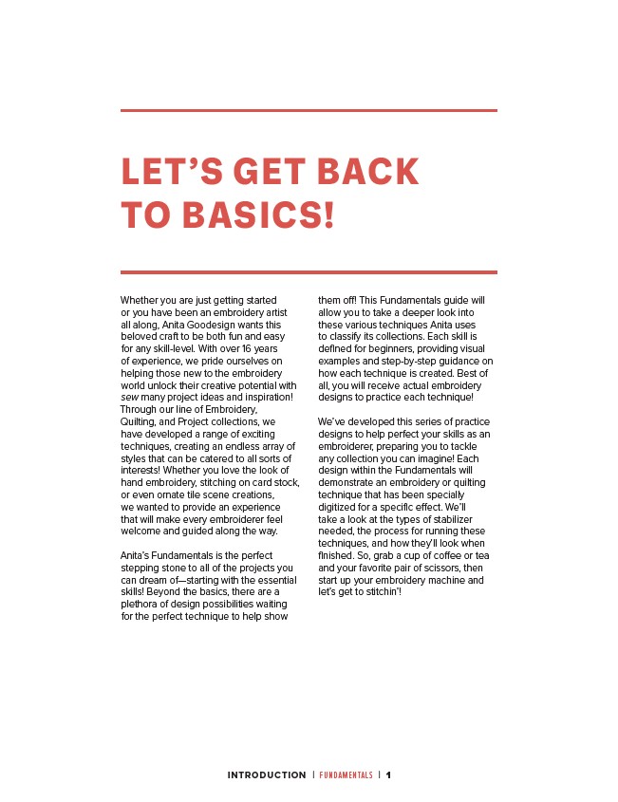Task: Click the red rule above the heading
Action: (309, 111)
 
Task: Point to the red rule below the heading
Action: (309, 272)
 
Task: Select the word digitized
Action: (338, 507)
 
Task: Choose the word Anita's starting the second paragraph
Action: (138, 555)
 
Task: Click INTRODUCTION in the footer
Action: (267, 775)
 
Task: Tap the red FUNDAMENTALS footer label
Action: (346, 775)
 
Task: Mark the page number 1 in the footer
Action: (388, 775)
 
